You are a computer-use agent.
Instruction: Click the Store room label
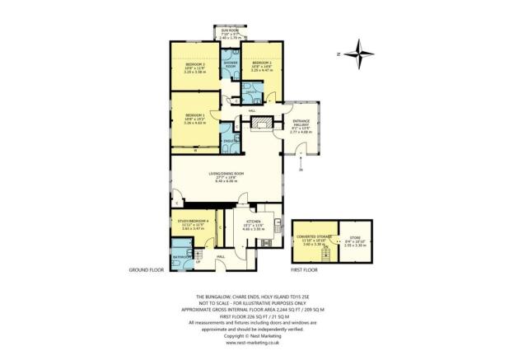point(354,238)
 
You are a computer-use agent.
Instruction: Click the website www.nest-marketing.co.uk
point(254,343)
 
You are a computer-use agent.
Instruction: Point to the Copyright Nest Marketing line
point(254,335)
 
